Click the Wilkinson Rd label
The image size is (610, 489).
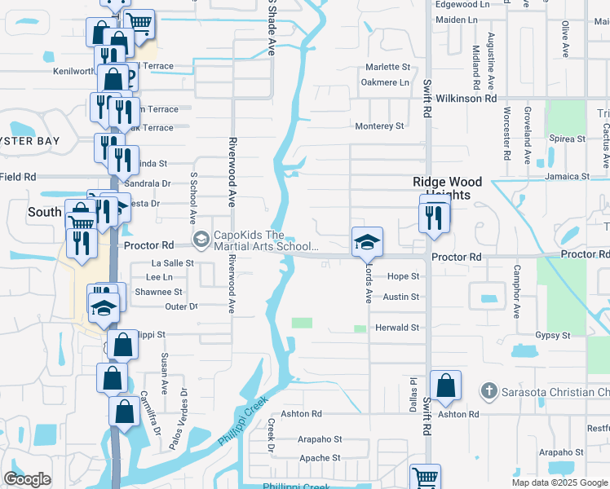point(466,98)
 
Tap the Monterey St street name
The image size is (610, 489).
point(379,126)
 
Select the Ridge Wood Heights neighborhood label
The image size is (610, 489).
point(447,188)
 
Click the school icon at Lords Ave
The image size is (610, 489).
point(367,242)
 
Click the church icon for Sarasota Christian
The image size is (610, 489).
point(488,392)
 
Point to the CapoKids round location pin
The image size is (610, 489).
point(201,239)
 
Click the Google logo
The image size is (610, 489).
point(27,478)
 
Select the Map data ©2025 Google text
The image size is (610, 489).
point(559,482)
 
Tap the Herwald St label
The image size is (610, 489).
point(396,328)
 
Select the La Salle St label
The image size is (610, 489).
point(173,263)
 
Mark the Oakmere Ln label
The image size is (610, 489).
point(385,82)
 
